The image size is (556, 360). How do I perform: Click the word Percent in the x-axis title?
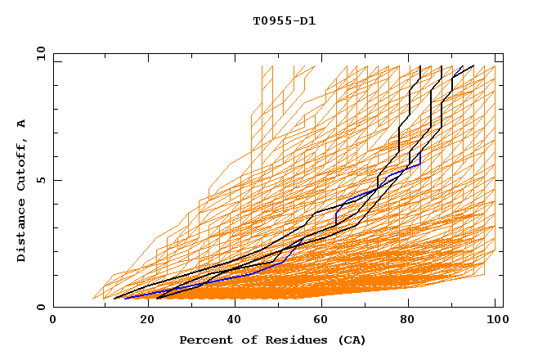click(203, 340)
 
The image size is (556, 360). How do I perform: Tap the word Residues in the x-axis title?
click(275, 340)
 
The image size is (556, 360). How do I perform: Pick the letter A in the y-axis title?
click(22, 123)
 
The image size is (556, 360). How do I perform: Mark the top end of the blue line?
click(463, 66)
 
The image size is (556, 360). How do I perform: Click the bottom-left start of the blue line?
click(125, 298)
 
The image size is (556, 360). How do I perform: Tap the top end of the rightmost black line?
click(473, 65)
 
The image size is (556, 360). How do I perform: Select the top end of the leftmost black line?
click(419, 66)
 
